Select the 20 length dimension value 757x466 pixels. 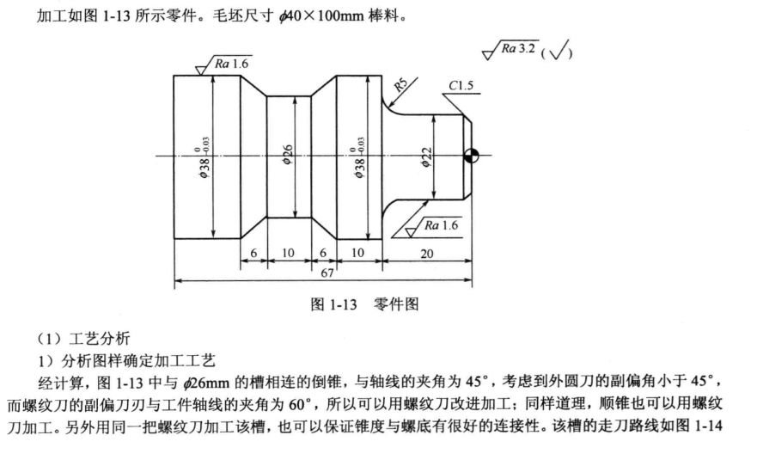click(427, 254)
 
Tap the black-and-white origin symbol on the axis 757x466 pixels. click(470, 156)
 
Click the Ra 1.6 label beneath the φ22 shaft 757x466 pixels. click(443, 225)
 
